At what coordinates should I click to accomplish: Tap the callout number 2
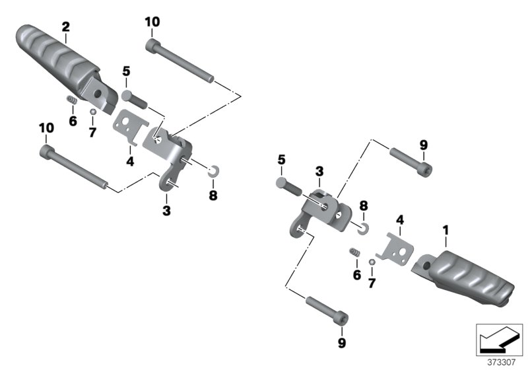(x=65, y=26)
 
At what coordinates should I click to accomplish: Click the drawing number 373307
(x=502, y=362)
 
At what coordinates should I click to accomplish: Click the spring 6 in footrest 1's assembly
(x=355, y=253)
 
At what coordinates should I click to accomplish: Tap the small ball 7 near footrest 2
(x=93, y=112)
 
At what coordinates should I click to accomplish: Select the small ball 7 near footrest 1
(x=372, y=262)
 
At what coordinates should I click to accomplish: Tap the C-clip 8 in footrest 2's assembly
(x=212, y=172)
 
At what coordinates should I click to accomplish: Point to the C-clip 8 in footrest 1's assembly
(x=362, y=228)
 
